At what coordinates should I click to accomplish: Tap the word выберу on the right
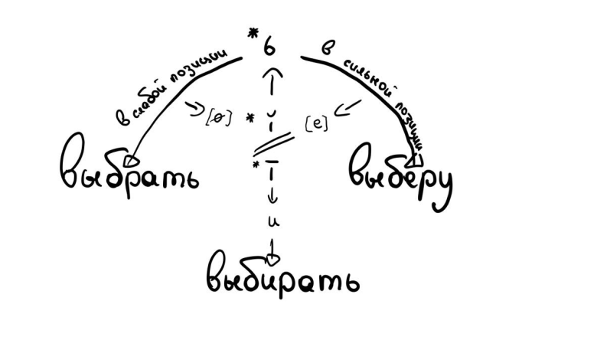point(400,175)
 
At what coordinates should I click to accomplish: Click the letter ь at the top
point(269,47)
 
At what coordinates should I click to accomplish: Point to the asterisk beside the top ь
point(250,33)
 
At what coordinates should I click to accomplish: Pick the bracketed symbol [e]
point(316,122)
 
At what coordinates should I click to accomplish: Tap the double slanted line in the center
point(273,144)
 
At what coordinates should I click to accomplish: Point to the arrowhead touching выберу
point(416,159)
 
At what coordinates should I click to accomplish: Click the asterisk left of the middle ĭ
point(250,119)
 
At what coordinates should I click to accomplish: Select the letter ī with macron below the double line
point(273,172)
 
